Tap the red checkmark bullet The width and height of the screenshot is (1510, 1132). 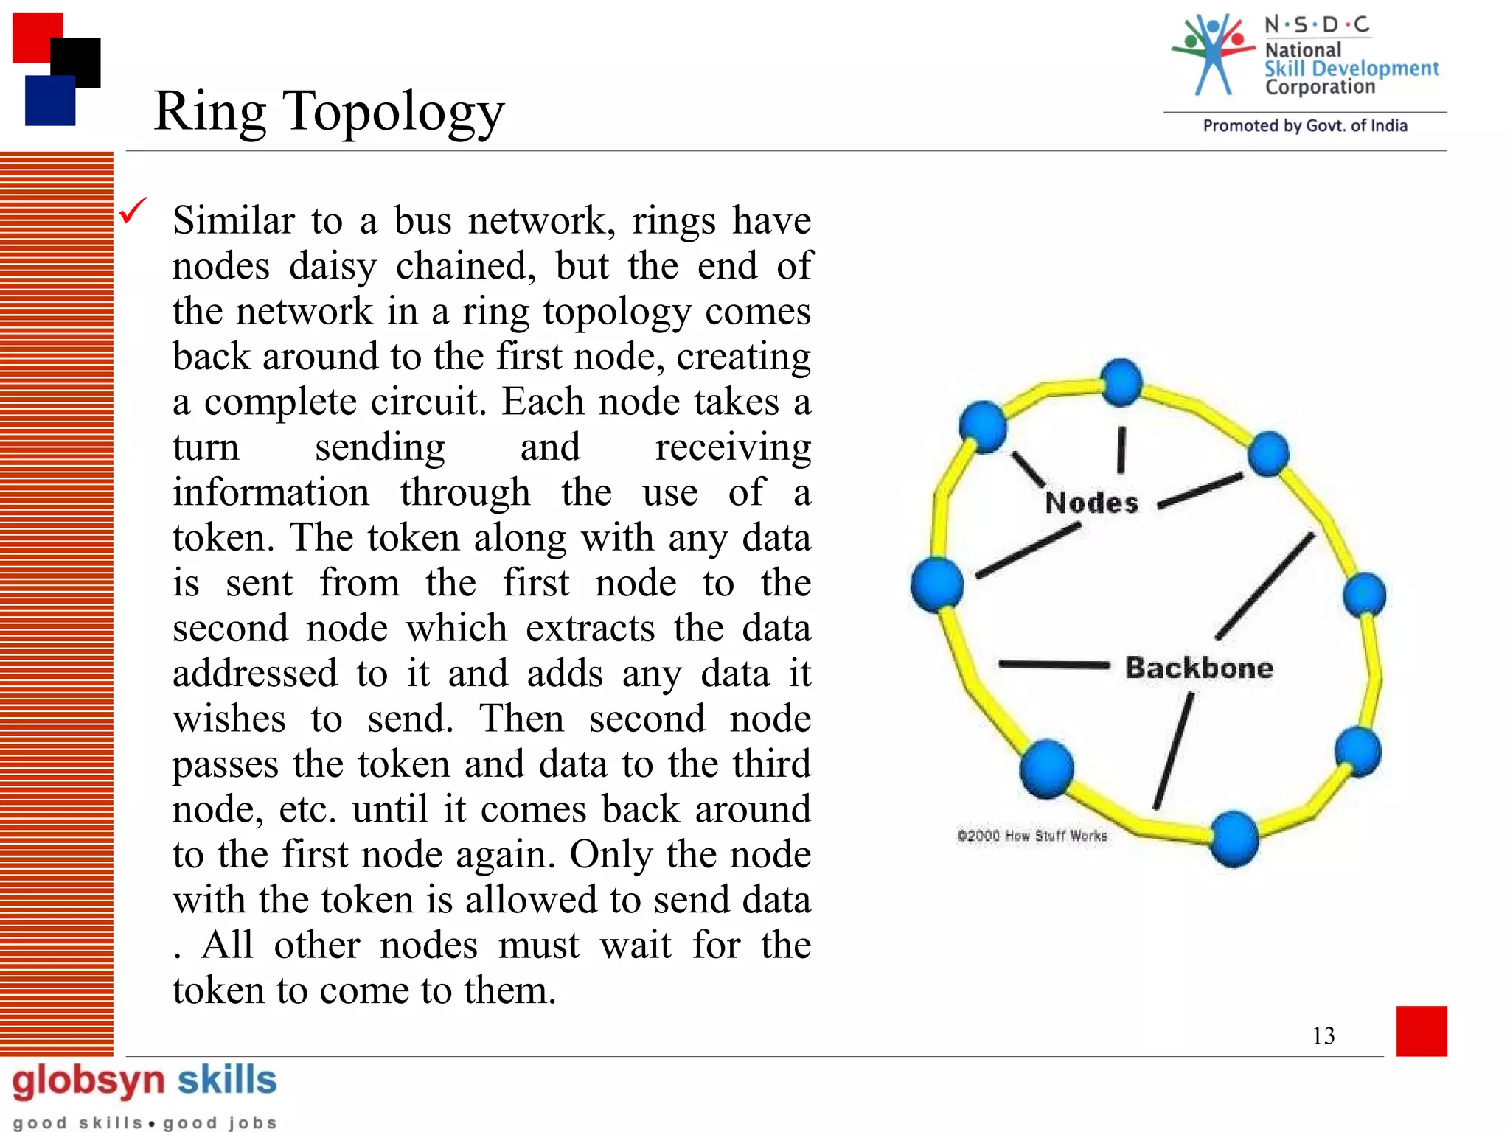133,211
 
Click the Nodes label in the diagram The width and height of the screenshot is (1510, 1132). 1091,503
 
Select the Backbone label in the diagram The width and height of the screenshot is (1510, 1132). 1199,668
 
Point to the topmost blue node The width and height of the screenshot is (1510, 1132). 1121,382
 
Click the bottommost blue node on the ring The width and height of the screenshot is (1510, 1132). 1234,838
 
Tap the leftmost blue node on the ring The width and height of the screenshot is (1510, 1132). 937,584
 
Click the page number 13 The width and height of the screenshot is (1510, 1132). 1323,1035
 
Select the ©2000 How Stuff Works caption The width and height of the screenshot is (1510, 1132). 1031,836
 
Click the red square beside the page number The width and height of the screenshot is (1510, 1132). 1421,1030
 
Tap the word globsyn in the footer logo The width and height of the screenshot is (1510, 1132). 88,1081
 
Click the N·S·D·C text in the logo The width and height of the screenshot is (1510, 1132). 1317,25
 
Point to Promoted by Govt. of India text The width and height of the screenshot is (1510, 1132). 1304,126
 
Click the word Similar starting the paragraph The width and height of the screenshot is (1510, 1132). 234,220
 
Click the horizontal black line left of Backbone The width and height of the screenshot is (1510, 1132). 1054,664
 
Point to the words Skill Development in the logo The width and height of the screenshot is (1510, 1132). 1351,69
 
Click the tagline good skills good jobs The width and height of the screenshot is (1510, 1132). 145,1122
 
